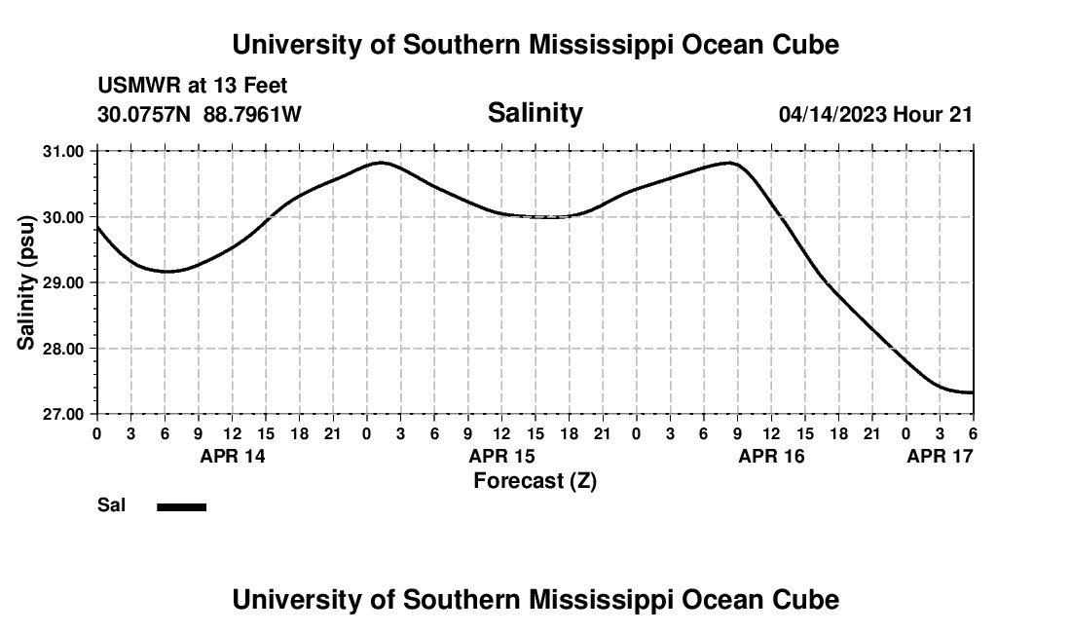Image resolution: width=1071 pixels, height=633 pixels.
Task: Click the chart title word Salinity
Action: [x=535, y=113]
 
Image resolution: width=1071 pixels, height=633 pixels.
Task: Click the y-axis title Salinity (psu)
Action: [x=26, y=282]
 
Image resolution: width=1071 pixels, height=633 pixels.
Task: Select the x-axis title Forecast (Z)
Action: [x=535, y=480]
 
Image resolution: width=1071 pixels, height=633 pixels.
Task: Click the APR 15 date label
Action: [x=501, y=455]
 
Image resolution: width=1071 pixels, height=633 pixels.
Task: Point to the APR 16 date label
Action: [x=771, y=455]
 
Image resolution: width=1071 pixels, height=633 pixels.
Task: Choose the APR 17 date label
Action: [x=940, y=455]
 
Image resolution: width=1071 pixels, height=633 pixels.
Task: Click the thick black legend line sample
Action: [x=181, y=506]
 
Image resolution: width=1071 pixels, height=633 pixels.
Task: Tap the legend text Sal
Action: [x=111, y=505]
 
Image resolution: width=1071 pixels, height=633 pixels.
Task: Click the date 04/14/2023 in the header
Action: [x=832, y=114]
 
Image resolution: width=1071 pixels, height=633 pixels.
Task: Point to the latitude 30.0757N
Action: [x=146, y=114]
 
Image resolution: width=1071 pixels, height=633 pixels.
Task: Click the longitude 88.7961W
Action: [x=252, y=114]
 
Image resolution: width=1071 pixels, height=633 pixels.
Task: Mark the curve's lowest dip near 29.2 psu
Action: [x=166, y=272]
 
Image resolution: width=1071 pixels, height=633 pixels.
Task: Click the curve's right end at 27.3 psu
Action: [x=972, y=392]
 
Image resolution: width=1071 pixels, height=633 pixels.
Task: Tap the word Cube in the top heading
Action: [x=807, y=45]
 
